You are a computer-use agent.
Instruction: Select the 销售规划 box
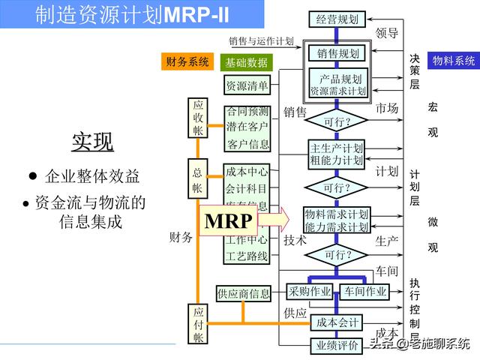click(x=337, y=54)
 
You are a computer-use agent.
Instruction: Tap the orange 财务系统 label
click(x=187, y=62)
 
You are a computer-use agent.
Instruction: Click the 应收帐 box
click(x=198, y=118)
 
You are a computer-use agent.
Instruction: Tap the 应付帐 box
click(x=198, y=324)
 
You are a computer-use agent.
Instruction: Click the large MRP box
click(x=230, y=221)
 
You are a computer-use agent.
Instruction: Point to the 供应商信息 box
click(x=243, y=293)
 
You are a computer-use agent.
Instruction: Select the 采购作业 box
click(x=309, y=291)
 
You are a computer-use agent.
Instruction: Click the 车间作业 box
click(x=365, y=291)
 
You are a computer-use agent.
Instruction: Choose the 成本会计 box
click(x=336, y=322)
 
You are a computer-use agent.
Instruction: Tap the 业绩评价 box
click(x=336, y=346)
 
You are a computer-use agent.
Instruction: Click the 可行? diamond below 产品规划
click(x=336, y=121)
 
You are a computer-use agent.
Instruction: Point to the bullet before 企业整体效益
click(x=32, y=175)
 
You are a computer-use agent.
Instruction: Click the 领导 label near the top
click(x=387, y=33)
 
